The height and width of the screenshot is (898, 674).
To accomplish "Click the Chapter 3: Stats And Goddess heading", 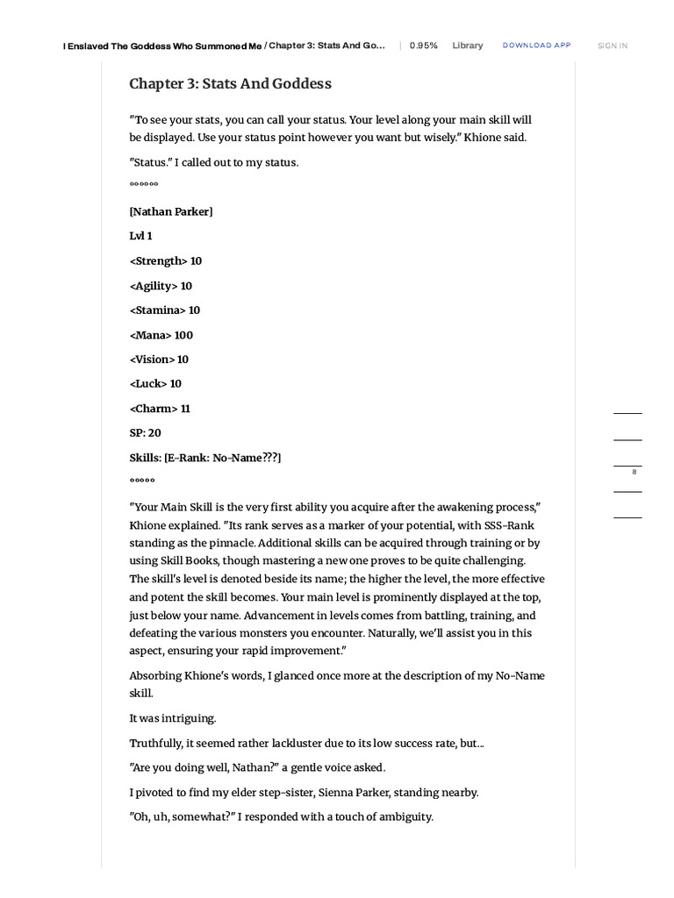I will (x=230, y=83).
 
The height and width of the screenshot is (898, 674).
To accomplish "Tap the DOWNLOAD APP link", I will (x=536, y=45).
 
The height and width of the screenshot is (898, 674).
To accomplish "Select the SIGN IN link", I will (x=612, y=46).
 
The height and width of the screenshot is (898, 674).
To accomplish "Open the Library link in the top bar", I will (x=467, y=46).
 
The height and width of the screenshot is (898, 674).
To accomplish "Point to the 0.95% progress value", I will (x=423, y=46).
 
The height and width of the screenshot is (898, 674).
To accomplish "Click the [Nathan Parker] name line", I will (x=171, y=211).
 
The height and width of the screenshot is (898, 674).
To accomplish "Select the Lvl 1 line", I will (x=140, y=236).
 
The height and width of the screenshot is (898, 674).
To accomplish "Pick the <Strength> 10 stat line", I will (x=166, y=260).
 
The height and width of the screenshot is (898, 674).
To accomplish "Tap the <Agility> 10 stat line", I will (x=161, y=285).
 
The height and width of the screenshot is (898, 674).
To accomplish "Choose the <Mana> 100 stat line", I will (x=161, y=334).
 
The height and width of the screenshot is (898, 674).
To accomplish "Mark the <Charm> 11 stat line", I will (x=160, y=408).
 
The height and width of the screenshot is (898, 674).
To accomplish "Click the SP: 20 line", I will (x=146, y=432).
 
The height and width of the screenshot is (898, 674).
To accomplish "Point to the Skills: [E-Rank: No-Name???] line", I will (x=205, y=457).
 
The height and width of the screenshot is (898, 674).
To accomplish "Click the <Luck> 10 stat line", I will (x=155, y=383).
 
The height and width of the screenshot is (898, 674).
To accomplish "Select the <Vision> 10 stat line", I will (x=159, y=359).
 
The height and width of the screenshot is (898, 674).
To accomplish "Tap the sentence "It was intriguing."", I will (x=172, y=717).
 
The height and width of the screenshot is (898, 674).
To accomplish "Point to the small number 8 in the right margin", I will (x=634, y=473).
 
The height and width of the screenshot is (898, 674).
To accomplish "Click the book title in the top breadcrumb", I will (x=162, y=46).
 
